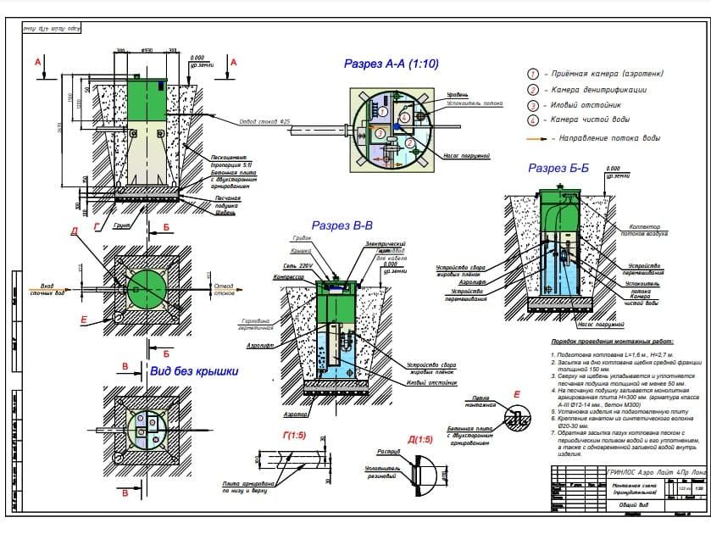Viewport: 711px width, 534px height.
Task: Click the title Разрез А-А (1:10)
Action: (391, 64)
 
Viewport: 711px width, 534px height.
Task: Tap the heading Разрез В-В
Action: (342, 225)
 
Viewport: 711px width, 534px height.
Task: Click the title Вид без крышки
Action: (194, 370)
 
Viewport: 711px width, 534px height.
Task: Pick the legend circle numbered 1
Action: (533, 75)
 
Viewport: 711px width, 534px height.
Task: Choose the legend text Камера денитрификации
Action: (598, 90)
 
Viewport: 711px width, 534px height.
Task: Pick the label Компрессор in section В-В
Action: (289, 277)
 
